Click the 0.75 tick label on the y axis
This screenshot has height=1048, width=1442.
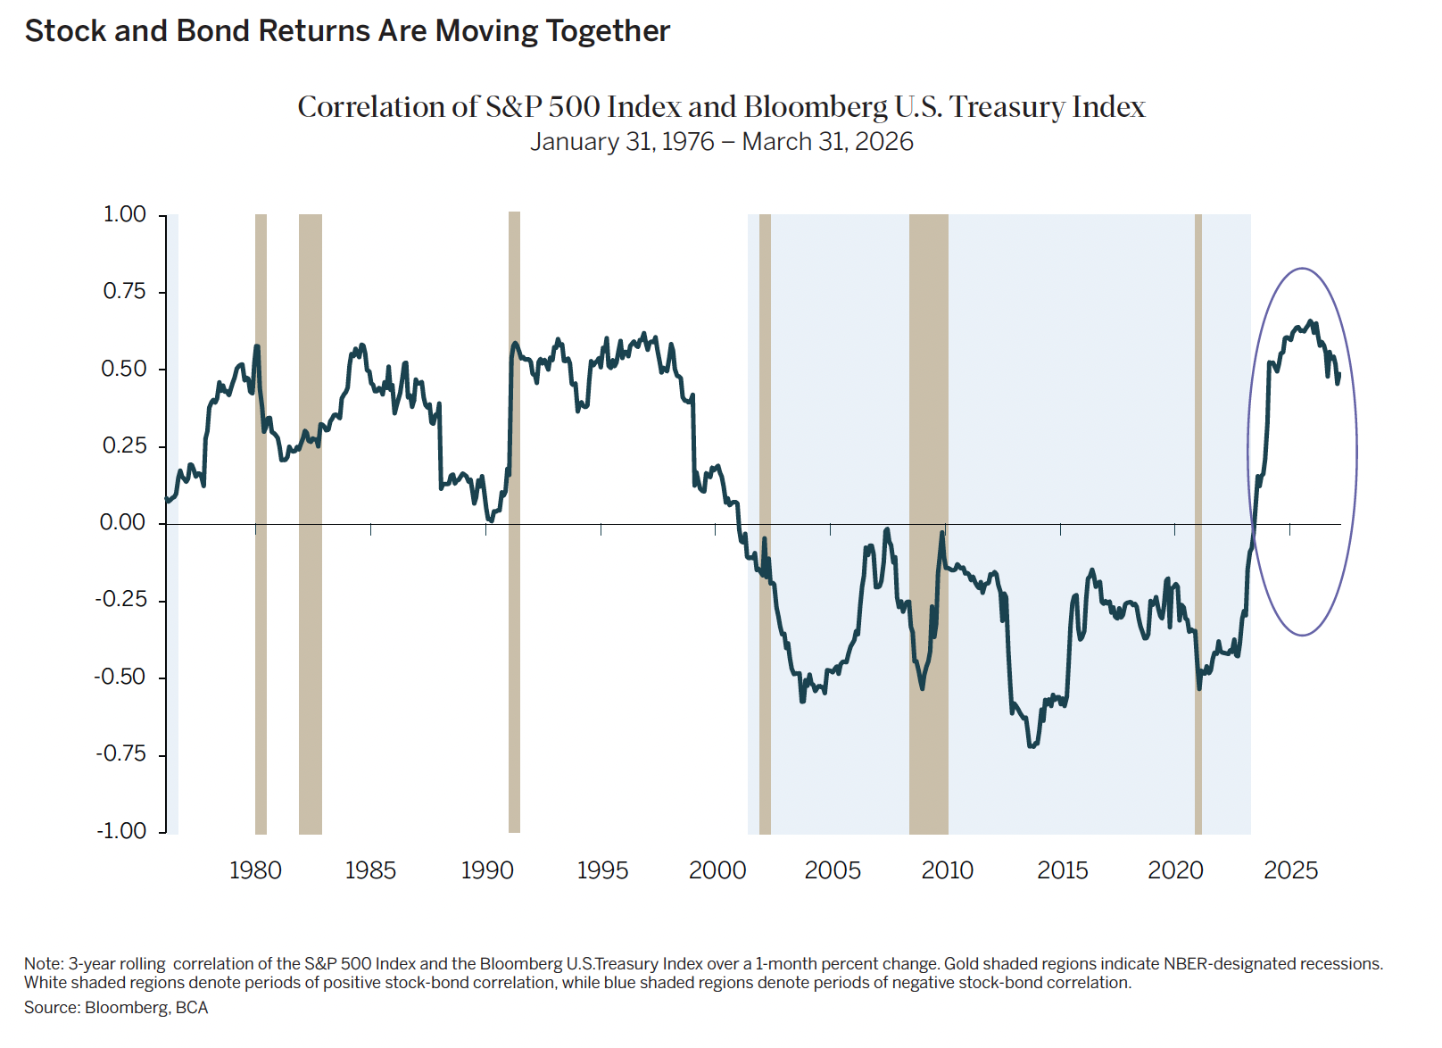[x=124, y=292]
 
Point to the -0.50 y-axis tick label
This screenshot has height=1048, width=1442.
[x=120, y=678]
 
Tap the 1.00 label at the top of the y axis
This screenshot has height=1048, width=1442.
[x=124, y=214]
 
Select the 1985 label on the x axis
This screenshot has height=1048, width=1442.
[x=370, y=870]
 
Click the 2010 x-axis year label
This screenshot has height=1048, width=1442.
[x=947, y=870]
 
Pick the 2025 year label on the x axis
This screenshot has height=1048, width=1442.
[x=1290, y=870]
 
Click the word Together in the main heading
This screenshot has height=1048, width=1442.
[x=608, y=31]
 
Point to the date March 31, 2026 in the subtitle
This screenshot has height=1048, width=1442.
[x=827, y=142]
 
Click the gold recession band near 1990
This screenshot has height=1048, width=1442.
[x=514, y=625]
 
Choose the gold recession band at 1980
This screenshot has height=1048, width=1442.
[x=261, y=670]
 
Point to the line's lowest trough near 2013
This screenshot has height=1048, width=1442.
[x=1032, y=746]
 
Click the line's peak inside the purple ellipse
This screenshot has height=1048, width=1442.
[x=1309, y=321]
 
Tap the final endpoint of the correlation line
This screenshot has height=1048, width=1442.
[x=1338, y=375]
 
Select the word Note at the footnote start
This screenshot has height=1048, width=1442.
[x=43, y=964]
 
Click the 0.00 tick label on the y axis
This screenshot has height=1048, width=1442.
[x=122, y=523]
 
